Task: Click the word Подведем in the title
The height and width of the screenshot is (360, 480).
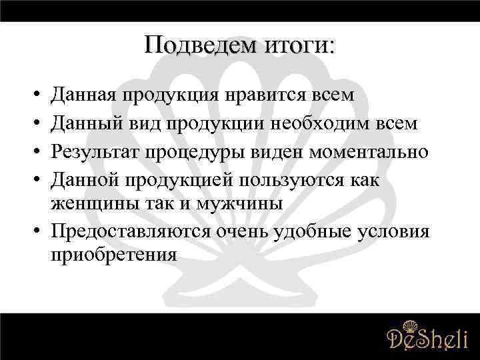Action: [x=190, y=45]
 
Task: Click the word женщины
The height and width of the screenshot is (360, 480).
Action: [x=92, y=203]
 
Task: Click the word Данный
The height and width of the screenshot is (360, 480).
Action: [x=86, y=124]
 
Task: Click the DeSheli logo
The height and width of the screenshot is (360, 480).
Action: [x=427, y=336]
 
